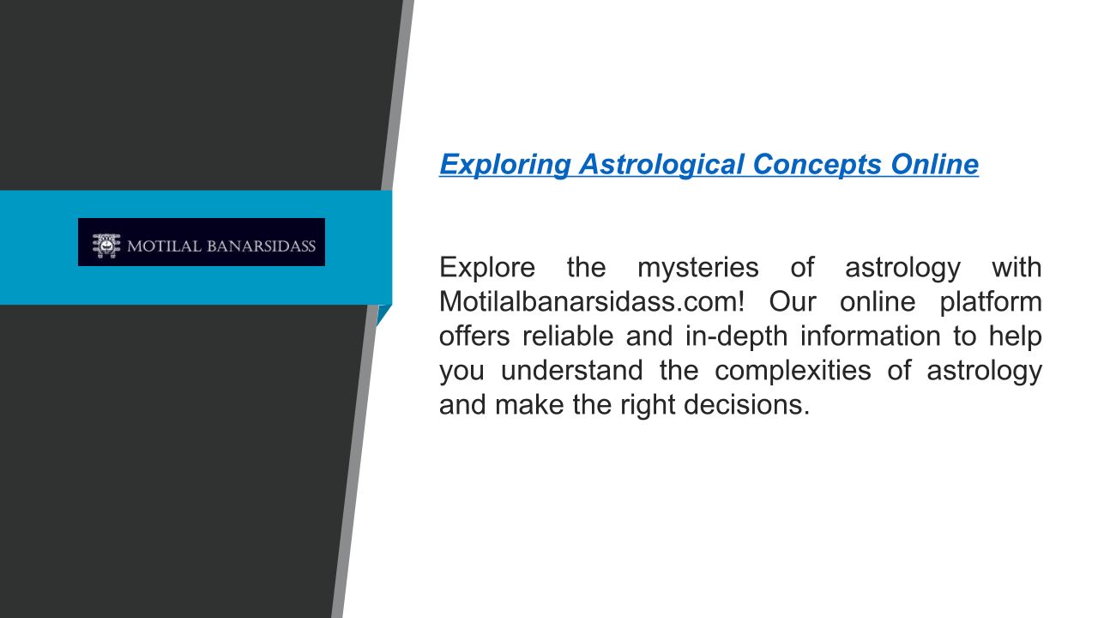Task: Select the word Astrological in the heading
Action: click(x=661, y=165)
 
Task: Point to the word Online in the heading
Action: click(x=935, y=164)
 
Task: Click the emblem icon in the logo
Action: click(x=106, y=245)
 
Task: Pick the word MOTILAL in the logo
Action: click(x=164, y=245)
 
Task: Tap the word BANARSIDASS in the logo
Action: click(x=262, y=245)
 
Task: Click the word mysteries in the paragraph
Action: click(x=698, y=269)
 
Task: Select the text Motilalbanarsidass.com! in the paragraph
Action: click(x=592, y=301)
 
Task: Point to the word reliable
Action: click(x=568, y=336)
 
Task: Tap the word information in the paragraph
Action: click(x=870, y=336)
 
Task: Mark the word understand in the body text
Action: click(x=571, y=370)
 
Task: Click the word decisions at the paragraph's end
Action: click(x=746, y=404)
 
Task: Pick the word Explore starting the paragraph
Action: click(x=487, y=269)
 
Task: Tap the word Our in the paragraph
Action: click(x=793, y=301)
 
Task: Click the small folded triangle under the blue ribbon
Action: click(x=383, y=313)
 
